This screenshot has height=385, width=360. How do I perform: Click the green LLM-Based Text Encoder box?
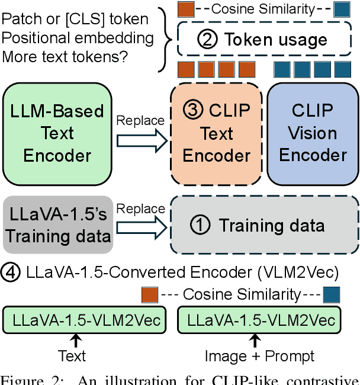pos(57,134)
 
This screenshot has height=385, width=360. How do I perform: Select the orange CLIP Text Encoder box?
pos(216,134)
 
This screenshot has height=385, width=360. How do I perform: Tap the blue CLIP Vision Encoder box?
pos(313,134)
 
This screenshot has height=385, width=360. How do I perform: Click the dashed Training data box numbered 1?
pos(264,226)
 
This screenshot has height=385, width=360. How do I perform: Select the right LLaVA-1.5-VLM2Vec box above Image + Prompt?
pos(260,320)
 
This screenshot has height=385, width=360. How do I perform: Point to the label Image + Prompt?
pos(259,356)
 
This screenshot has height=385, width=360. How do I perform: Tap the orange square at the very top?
pos(186,9)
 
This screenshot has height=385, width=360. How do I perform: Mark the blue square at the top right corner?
pos(342,9)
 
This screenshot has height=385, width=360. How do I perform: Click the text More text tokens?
pos(66,57)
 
